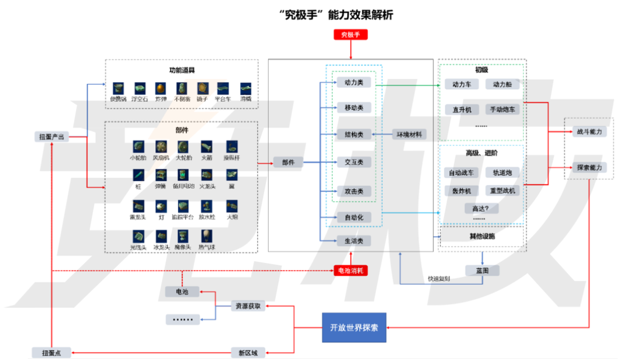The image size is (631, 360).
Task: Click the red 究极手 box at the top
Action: coord(351,34)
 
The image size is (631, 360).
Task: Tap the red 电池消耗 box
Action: coord(351,270)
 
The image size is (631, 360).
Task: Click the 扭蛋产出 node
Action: coord(51,137)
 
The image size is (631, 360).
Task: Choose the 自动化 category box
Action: coord(354,217)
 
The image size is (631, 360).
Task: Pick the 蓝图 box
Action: coord(483,271)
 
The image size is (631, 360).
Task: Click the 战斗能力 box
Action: coord(589,132)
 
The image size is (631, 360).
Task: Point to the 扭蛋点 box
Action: coord(51,352)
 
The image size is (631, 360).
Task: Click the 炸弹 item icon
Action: coord(161,88)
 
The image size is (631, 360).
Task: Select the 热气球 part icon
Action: coord(207,236)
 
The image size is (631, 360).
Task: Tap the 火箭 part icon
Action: coord(207,146)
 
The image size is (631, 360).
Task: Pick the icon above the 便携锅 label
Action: coord(119,88)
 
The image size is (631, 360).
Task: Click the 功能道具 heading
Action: coord(182,71)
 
